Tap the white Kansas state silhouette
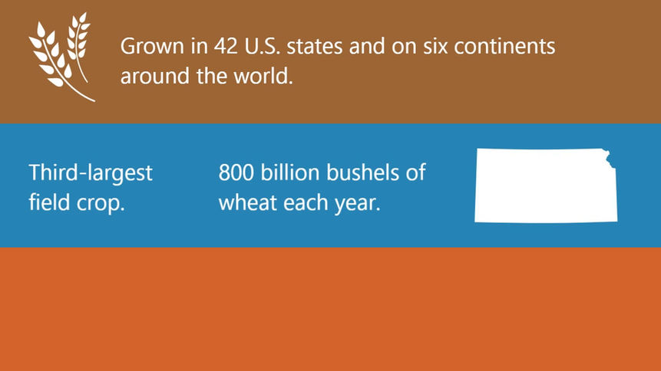pyautogui.click(x=546, y=185)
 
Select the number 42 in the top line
pyautogui.click(x=226, y=46)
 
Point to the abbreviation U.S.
pyautogui.click(x=263, y=46)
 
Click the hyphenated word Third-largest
pyautogui.click(x=91, y=173)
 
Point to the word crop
pyautogui.click(x=101, y=204)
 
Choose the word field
pyautogui.click(x=49, y=202)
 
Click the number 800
pyautogui.click(x=236, y=172)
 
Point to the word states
pyautogui.click(x=315, y=46)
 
